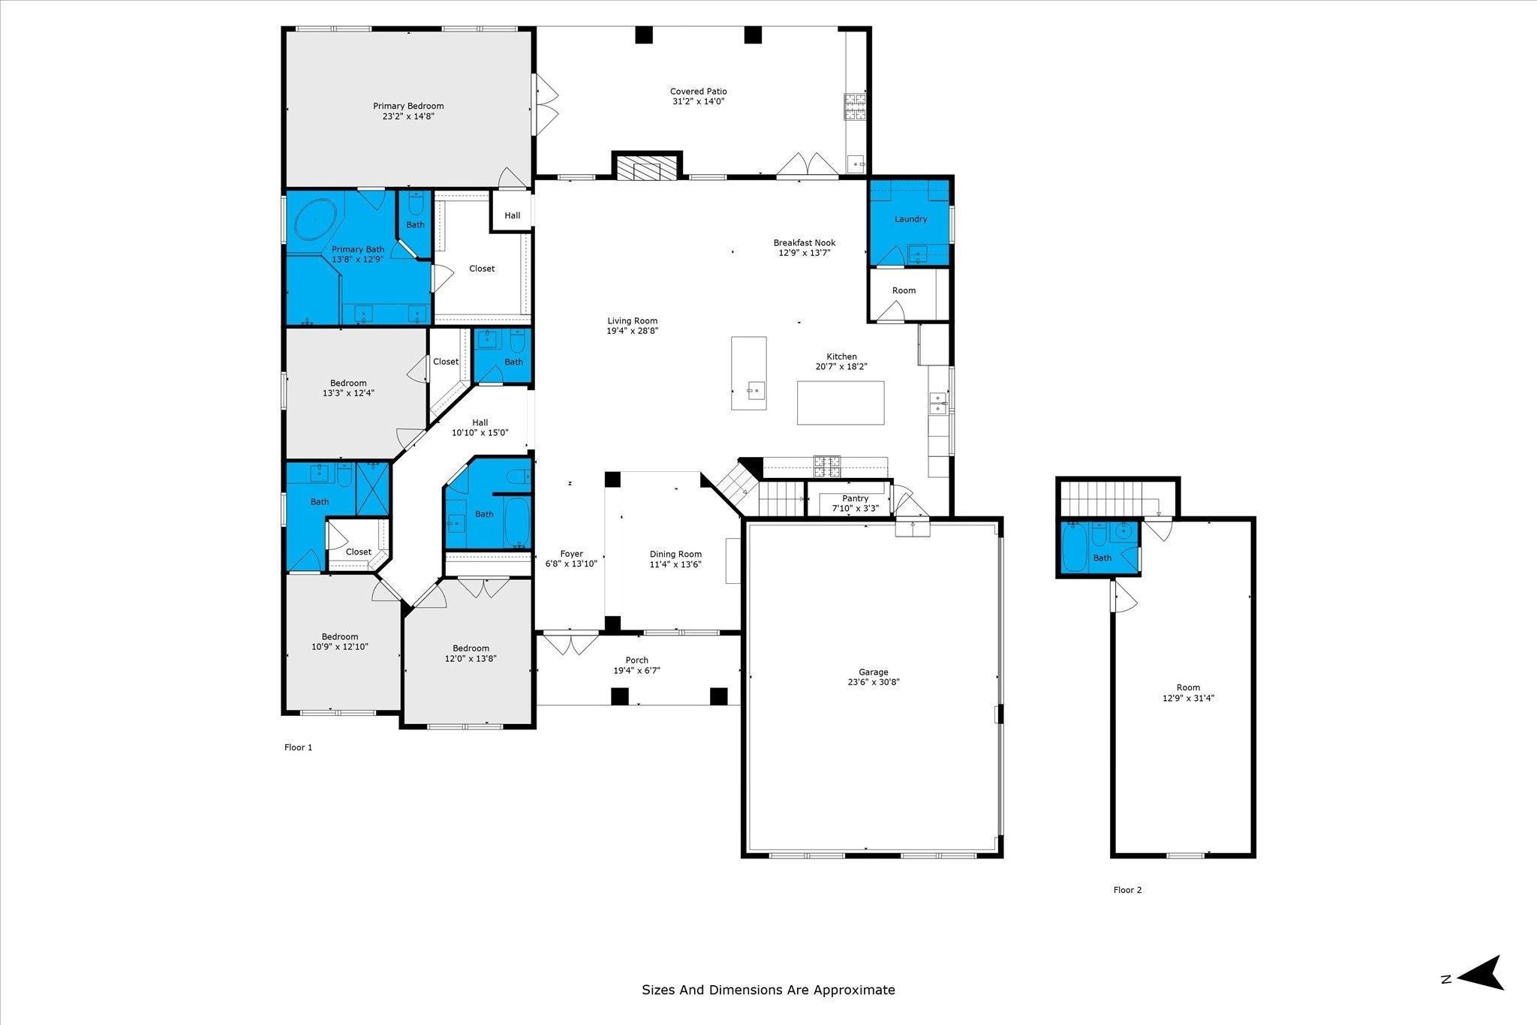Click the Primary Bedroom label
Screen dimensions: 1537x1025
coord(408,106)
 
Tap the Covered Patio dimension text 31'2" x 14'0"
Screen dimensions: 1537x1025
coord(698,101)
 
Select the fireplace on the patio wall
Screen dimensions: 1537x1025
coord(647,166)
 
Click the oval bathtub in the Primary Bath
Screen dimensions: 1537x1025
coord(315,218)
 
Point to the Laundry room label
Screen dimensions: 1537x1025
coord(910,219)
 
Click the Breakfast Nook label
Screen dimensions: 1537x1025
coord(805,242)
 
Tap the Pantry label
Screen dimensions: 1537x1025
coord(856,498)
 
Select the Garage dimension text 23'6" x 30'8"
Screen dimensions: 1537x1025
coord(874,683)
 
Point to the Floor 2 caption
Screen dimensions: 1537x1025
coord(1127,890)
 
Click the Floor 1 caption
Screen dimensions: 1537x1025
coord(298,747)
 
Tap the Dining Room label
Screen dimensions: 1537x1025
coord(675,555)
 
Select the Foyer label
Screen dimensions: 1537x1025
coord(571,555)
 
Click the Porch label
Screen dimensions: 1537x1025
coord(637,660)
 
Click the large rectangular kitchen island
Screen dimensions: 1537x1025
coord(841,403)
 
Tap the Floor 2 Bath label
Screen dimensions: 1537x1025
coord(1102,558)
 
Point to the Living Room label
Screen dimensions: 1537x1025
coord(632,321)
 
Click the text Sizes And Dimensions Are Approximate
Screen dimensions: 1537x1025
coord(768,990)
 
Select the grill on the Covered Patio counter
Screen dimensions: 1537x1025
coord(855,107)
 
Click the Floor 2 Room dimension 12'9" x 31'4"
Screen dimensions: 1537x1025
coord(1188,698)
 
